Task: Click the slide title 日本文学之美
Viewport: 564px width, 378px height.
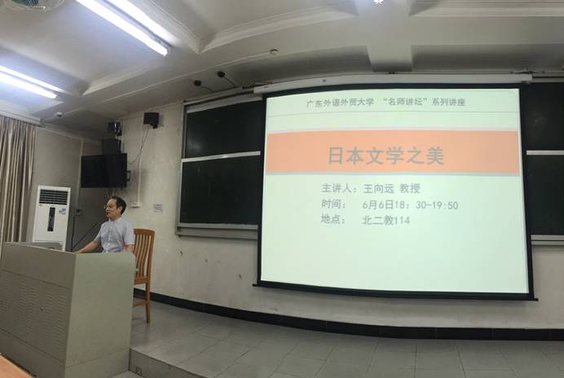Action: (386, 156)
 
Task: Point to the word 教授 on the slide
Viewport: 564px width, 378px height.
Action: (411, 188)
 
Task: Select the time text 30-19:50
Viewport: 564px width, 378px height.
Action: (437, 205)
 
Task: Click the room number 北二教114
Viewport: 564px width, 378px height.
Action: (386, 220)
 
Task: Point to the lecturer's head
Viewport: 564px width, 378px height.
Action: (115, 207)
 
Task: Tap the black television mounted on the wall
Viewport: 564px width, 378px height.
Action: (104, 170)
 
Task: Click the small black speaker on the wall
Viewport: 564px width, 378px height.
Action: (151, 119)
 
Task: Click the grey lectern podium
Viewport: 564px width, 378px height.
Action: (64, 309)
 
